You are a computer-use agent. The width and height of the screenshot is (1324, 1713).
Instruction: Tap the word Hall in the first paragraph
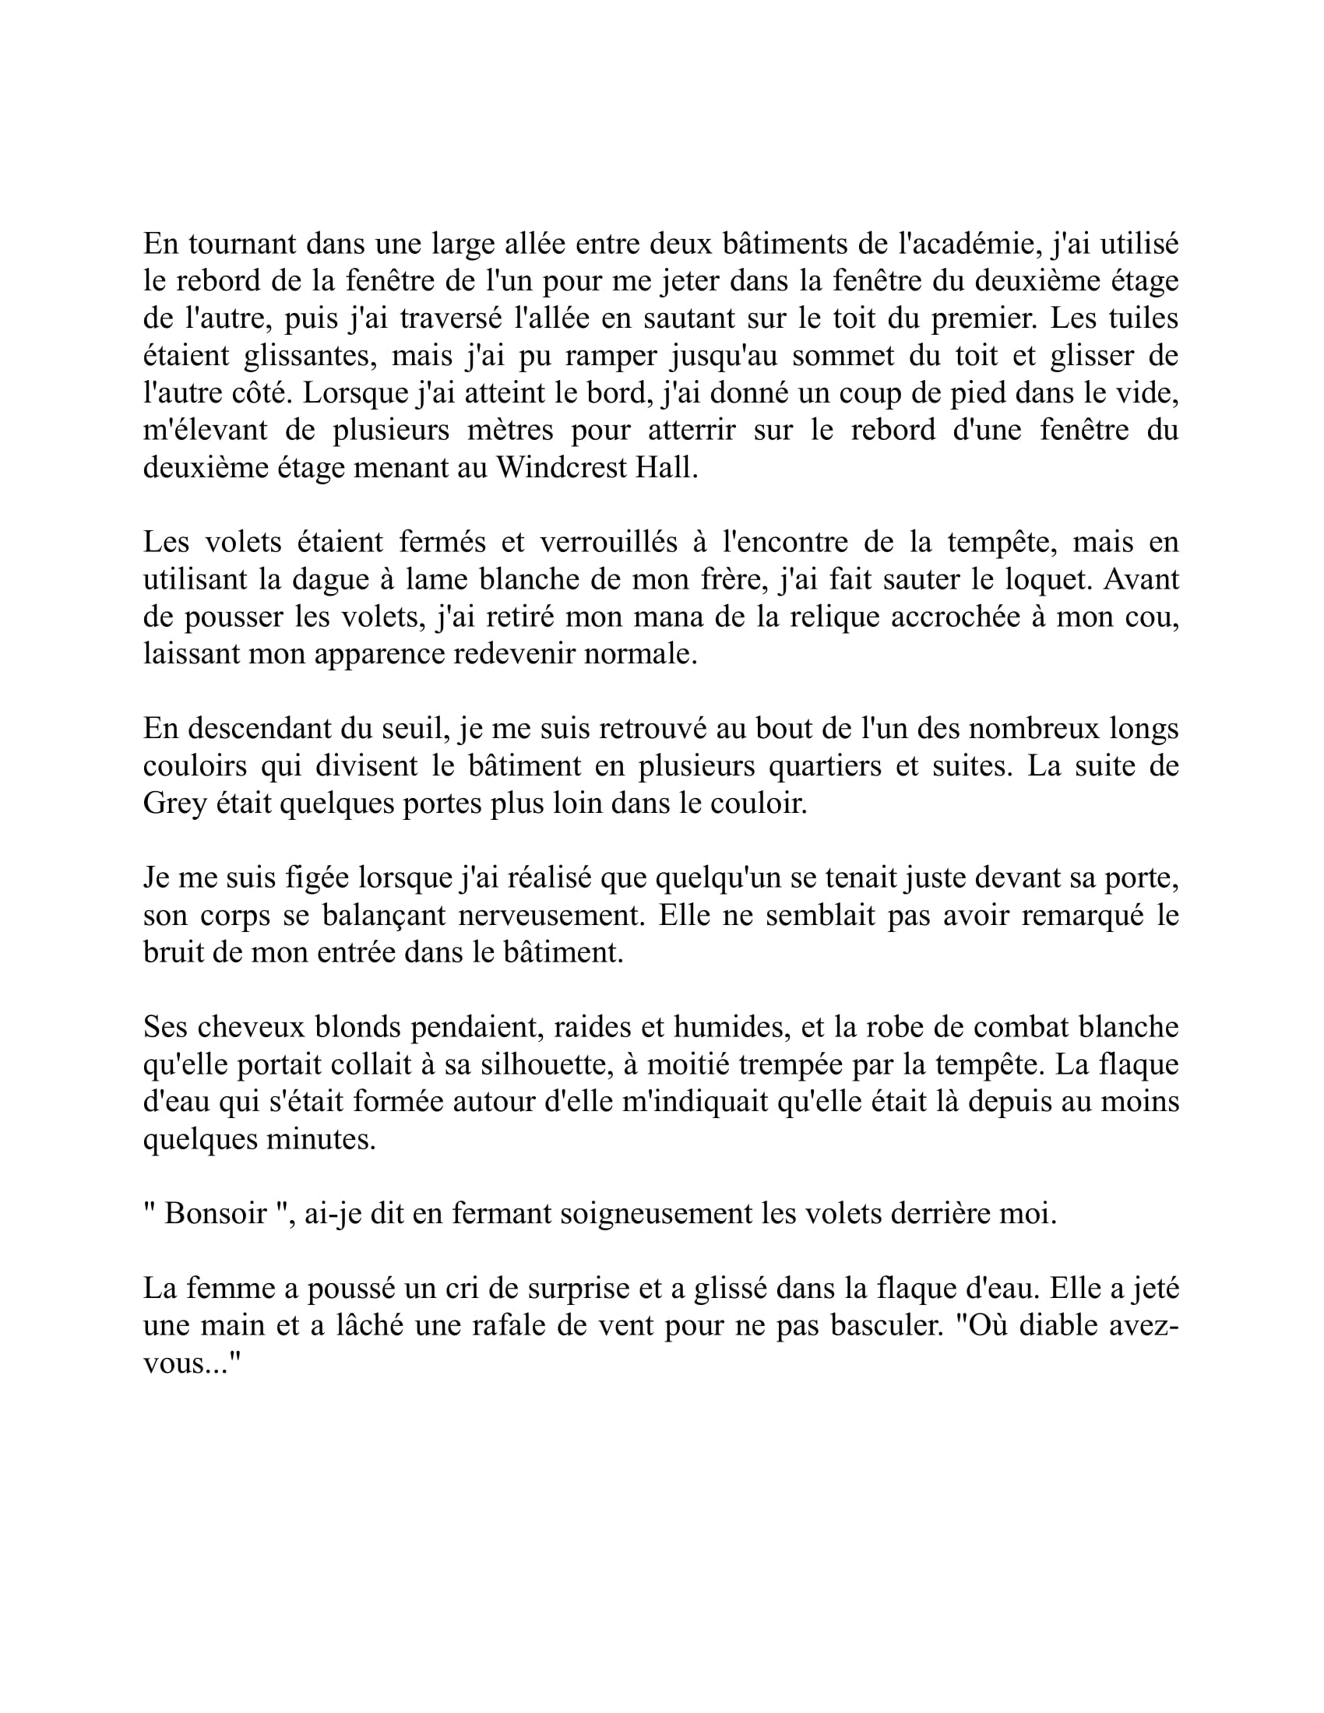(665, 468)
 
